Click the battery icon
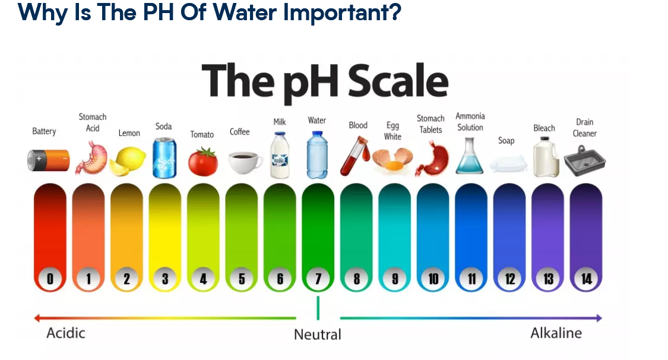(48, 160)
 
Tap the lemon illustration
(128, 161)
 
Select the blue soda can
(164, 157)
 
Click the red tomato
(203, 162)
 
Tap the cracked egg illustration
(392, 160)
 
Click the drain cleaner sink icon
(585, 160)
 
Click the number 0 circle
(50, 279)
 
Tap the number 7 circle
(318, 279)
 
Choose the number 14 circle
(586, 279)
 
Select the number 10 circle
(433, 279)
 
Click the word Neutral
(318, 334)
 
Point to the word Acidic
(65, 333)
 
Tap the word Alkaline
(556, 333)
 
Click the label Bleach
(544, 128)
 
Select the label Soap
(506, 141)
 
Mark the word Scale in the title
(398, 81)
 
